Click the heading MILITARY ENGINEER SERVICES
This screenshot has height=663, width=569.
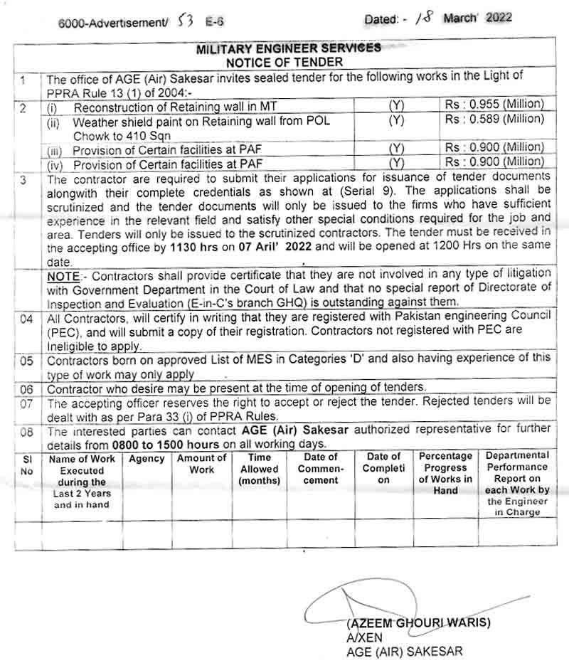288,48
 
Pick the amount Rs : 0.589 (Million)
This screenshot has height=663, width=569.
494,119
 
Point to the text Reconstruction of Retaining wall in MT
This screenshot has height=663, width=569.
175,106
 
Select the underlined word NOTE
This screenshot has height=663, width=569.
65,275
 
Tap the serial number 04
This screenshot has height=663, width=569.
26,319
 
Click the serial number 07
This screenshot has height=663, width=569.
26,403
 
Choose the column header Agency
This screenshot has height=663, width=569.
147,459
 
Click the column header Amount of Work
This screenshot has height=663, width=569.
201,464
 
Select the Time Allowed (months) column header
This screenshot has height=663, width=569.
260,470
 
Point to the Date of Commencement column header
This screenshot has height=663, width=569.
321,469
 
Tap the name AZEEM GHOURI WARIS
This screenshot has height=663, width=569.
418,623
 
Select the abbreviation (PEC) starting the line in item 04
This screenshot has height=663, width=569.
63,330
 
